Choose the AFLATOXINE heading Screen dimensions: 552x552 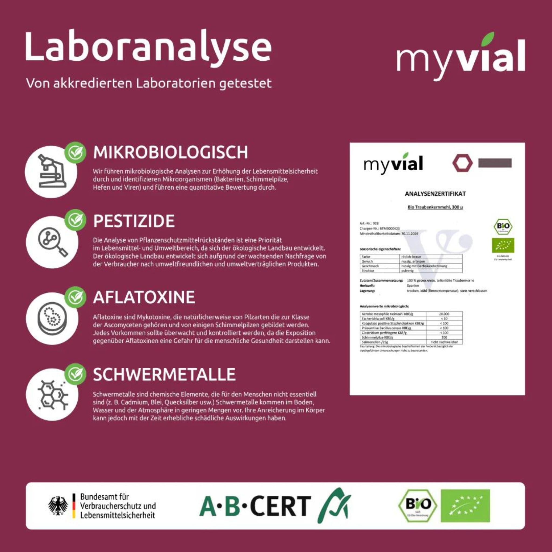point(144,297)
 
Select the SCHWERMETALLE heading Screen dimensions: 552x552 point(164,374)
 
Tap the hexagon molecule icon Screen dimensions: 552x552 point(52,395)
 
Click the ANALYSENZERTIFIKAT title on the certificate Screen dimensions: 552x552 point(435,194)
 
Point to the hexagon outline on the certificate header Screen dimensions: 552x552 point(463,164)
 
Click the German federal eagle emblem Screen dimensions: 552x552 point(58,506)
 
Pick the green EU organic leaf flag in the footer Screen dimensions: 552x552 point(465,506)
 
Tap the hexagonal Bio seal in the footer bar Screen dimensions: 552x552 point(418,506)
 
